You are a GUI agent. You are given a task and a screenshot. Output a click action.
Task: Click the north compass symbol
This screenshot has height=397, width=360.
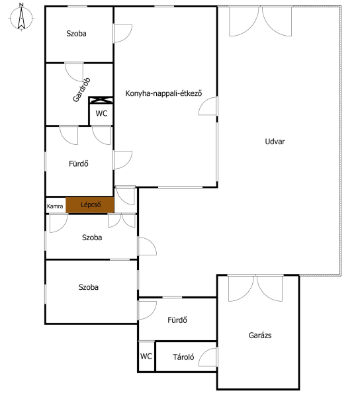point(22,17)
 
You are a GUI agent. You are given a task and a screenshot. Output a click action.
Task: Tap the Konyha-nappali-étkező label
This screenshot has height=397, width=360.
point(163,93)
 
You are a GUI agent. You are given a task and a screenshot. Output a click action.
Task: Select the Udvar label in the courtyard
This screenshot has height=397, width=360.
point(275,142)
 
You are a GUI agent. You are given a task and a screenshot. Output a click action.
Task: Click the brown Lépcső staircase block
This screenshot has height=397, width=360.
point(90,205)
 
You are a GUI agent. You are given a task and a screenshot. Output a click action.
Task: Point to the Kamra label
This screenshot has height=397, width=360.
point(55,206)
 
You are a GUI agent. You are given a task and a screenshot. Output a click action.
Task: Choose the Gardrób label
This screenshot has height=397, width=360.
point(81,89)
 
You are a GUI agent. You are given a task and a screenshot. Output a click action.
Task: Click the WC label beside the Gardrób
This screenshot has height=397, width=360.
point(101,113)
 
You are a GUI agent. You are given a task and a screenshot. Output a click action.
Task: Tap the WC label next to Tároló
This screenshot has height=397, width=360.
point(146,356)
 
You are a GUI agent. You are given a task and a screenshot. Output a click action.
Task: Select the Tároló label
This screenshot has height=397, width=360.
point(183,357)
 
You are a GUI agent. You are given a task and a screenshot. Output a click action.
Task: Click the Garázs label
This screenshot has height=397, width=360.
point(260,335)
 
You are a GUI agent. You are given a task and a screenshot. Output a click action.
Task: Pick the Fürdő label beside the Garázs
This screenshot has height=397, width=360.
point(177,320)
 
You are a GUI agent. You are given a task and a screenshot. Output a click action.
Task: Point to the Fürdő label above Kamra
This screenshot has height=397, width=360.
point(79,163)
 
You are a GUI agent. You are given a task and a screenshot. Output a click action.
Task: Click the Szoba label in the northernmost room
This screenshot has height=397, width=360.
point(76,34)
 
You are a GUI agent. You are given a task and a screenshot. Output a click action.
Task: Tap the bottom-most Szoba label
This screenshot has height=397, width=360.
point(89,287)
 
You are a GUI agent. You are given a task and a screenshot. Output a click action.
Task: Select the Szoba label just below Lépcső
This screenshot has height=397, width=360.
point(92,238)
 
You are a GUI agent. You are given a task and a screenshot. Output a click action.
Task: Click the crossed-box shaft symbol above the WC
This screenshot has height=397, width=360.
point(101,100)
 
